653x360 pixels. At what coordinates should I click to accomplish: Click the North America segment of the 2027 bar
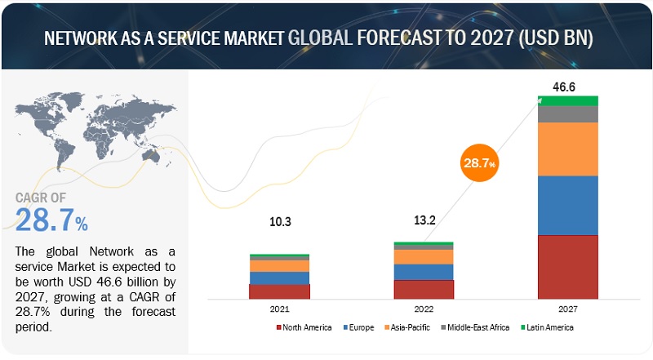click(567, 266)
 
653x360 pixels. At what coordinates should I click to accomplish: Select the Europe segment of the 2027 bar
click(567, 205)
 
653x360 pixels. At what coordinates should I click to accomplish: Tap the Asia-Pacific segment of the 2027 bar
click(567, 149)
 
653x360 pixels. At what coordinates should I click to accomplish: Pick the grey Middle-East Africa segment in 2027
click(567, 113)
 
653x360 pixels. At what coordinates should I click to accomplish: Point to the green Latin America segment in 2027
click(567, 100)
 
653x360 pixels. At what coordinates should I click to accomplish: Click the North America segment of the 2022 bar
click(424, 289)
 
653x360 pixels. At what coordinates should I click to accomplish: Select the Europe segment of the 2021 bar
click(279, 278)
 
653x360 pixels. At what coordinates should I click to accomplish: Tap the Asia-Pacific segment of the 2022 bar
click(424, 256)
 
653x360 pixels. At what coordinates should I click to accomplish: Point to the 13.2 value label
click(424, 220)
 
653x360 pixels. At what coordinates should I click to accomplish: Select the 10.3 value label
click(279, 220)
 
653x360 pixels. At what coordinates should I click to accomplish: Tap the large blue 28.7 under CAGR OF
click(45, 220)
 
